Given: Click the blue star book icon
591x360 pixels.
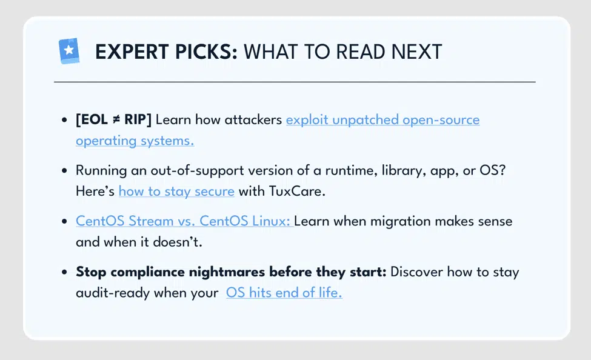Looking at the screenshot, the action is point(69,50).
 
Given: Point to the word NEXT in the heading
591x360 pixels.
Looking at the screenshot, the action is point(416,52).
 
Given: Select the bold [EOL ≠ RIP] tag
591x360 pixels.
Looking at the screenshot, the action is point(113,119).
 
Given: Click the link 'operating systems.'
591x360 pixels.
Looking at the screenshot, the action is point(135,141).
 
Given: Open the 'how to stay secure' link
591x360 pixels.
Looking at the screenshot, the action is point(176,191).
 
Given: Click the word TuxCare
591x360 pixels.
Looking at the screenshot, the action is point(297,191).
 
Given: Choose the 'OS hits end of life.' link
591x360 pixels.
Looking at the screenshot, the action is point(284,293).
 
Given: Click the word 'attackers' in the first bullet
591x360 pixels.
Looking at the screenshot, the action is point(253,120).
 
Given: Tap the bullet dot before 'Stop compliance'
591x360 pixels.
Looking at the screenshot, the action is point(64,272).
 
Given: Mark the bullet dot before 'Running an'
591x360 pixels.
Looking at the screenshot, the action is point(64,171).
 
